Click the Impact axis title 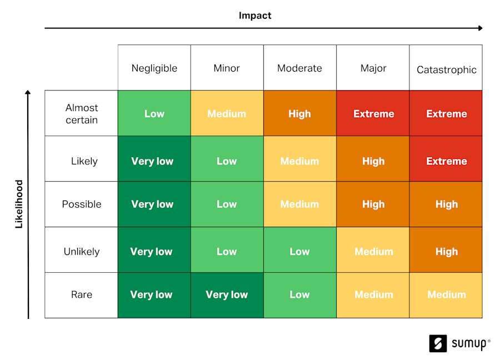click(x=255, y=15)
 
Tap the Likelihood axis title click(x=19, y=204)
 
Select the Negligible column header click(x=154, y=68)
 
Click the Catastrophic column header click(x=446, y=69)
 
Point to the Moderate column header click(x=299, y=68)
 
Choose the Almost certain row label click(x=81, y=113)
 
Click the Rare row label click(x=81, y=294)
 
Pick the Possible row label click(x=81, y=204)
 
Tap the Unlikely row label click(x=81, y=251)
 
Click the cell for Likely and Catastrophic click(x=446, y=161)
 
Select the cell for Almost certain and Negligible click(x=154, y=113)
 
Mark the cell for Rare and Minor click(x=227, y=294)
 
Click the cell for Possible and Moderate click(x=299, y=204)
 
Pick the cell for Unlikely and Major click(x=373, y=251)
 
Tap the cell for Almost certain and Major click(x=373, y=113)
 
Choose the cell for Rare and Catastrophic click(x=446, y=294)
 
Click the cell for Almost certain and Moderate click(x=299, y=113)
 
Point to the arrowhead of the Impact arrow click(x=480, y=28)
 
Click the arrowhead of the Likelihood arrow click(x=28, y=93)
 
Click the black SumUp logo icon click(x=438, y=343)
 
